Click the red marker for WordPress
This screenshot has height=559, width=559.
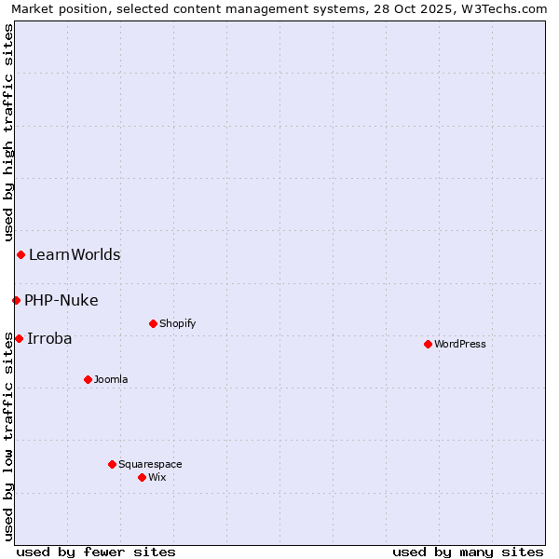tap(428, 344)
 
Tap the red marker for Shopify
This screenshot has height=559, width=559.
tap(153, 323)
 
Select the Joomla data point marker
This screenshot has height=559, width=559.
tap(88, 379)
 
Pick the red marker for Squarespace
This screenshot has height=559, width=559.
tap(112, 464)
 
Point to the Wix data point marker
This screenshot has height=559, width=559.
tap(142, 477)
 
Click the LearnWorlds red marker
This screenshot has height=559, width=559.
tap(20, 254)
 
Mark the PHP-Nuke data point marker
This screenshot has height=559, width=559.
tap(16, 300)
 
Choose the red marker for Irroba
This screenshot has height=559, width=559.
tap(19, 338)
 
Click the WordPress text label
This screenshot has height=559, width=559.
tap(460, 344)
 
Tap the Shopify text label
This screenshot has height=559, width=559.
tap(177, 323)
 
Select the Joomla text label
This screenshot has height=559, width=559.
tap(111, 379)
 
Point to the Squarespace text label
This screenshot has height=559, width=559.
tap(150, 464)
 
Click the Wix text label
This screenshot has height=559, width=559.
tap(157, 477)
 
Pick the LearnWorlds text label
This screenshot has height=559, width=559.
tap(75, 254)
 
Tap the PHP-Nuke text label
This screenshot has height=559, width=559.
tap(61, 300)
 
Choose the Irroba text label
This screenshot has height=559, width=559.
tap(49, 338)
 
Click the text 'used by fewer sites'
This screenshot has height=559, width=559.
tap(96, 552)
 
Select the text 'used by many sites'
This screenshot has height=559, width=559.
tap(468, 552)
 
